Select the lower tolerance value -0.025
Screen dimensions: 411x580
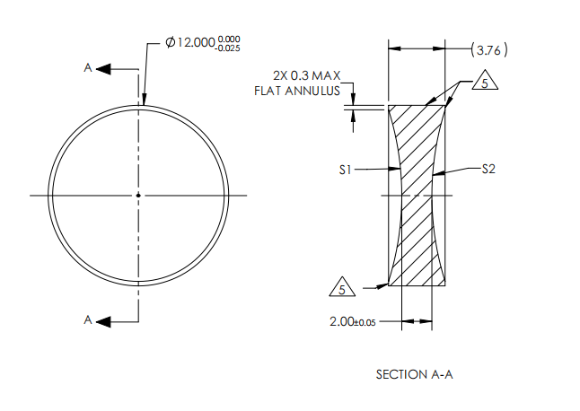229,48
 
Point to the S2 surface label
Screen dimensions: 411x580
488,168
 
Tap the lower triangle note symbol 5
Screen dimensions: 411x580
338,288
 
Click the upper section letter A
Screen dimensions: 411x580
88,68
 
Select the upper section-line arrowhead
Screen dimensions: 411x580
103,68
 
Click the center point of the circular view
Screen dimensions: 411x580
138,195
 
